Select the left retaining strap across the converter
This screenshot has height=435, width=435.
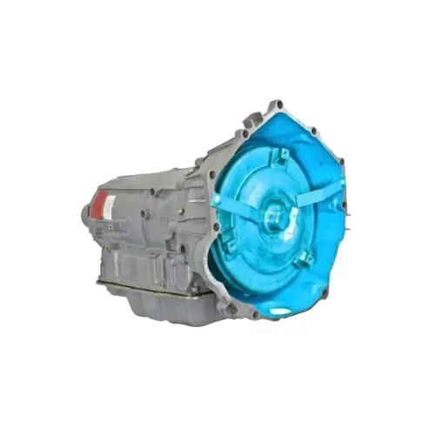pyautogui.click(x=235, y=207)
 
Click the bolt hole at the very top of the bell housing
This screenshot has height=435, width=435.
pyautogui.click(x=278, y=105)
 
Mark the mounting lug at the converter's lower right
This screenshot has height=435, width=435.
pyautogui.click(x=304, y=258)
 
